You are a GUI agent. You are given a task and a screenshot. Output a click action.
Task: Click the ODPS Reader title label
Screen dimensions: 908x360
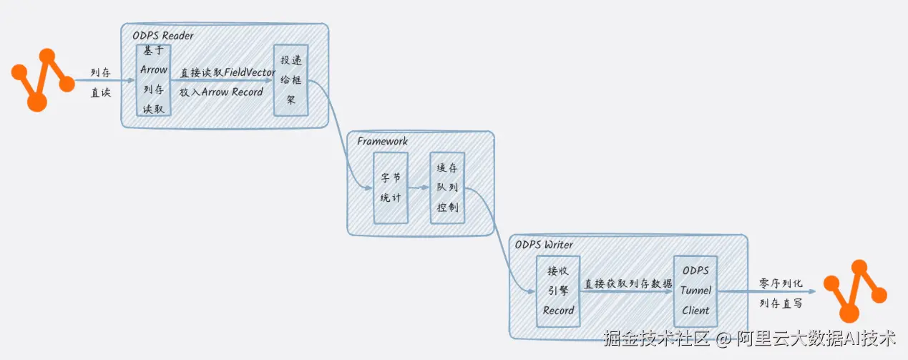tap(163, 36)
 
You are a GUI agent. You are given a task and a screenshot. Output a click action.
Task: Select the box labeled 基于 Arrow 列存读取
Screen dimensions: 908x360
tap(154, 80)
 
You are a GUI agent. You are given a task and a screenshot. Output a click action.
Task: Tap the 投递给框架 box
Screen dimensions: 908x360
tap(291, 80)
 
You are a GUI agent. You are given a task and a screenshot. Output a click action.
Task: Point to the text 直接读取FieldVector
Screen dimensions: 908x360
tap(228, 72)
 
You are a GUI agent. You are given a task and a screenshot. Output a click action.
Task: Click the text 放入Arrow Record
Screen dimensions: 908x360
tap(221, 92)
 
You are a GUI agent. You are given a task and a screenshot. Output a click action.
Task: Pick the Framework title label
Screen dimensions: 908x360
tap(382, 141)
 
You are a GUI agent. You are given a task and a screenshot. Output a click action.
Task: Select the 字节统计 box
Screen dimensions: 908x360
tap(391, 188)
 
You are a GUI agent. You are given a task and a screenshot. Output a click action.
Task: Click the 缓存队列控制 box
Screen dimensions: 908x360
tap(447, 188)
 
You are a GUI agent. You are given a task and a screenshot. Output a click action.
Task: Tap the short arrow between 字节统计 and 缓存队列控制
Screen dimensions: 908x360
tap(419, 188)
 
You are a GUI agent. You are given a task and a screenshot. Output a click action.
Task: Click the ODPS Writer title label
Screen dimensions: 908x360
tap(544, 245)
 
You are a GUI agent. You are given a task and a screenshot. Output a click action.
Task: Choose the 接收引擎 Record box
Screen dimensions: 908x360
tap(558, 291)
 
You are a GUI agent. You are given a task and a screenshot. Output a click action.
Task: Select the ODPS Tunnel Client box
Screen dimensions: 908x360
tap(695, 291)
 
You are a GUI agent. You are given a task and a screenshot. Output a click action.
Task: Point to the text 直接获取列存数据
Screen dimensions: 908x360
tap(628, 284)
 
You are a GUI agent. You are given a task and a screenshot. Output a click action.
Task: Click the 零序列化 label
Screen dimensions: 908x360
tap(781, 283)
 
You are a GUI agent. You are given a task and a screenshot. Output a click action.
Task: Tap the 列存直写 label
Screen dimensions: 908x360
tap(781, 303)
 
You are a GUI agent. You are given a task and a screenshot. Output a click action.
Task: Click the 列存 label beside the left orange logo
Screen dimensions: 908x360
tap(100, 72)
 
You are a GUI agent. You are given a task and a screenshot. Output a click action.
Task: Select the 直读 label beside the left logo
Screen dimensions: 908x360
tap(100, 92)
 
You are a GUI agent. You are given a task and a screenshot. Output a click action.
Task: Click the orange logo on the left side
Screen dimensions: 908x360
tap(43, 80)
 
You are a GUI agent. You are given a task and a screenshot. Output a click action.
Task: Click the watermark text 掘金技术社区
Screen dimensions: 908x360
tap(657, 338)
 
